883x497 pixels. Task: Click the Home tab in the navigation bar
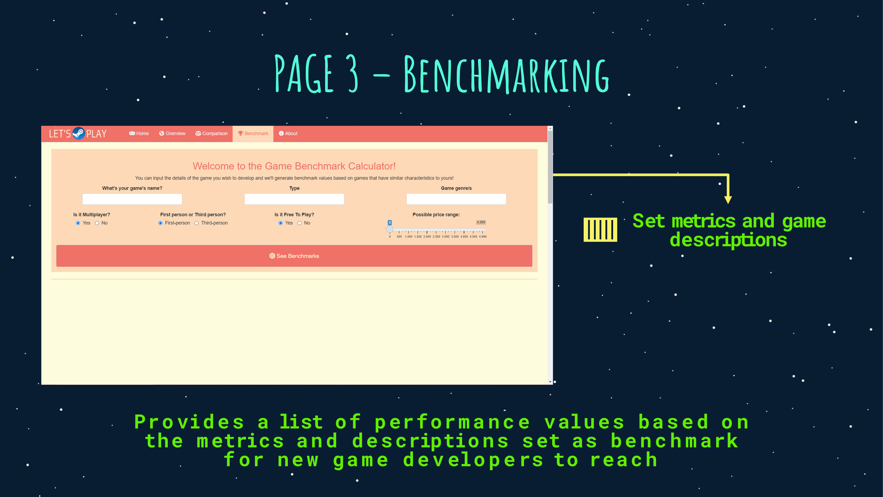(139, 133)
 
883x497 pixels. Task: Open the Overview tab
(172, 133)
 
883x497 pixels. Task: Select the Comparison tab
(212, 133)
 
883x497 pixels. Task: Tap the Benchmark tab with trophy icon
(253, 133)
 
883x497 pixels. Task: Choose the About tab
(288, 133)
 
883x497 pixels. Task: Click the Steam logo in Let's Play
(79, 133)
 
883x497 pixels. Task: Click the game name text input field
(132, 199)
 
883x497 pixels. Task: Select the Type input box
(294, 199)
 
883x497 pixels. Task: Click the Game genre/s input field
(456, 199)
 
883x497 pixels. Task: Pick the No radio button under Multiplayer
(97, 223)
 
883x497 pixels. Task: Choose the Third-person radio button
(196, 223)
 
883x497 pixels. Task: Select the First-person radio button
(160, 223)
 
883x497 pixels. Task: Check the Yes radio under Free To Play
(281, 223)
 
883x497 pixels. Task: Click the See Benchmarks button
(294, 256)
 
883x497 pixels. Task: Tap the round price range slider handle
(390, 229)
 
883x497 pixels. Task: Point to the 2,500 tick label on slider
(436, 237)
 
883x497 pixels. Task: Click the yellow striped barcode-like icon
(600, 229)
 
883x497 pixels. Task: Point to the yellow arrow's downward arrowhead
(728, 200)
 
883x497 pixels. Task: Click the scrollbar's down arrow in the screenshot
(550, 382)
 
